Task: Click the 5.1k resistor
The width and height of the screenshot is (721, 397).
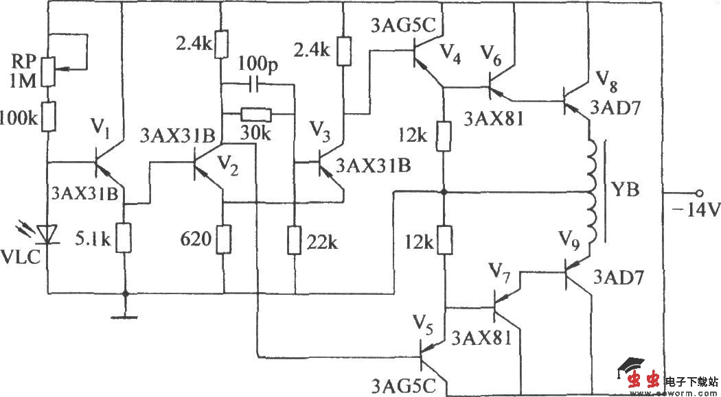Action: coord(124,238)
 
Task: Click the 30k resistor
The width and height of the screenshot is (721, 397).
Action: coord(255,114)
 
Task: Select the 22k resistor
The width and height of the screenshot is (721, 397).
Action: coord(294,239)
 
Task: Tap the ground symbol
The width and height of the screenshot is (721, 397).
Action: coord(124,316)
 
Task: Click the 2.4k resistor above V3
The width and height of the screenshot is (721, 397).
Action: coord(341,51)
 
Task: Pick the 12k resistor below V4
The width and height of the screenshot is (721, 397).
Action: coord(444,135)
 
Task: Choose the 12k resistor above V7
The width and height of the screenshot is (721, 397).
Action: coord(444,240)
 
